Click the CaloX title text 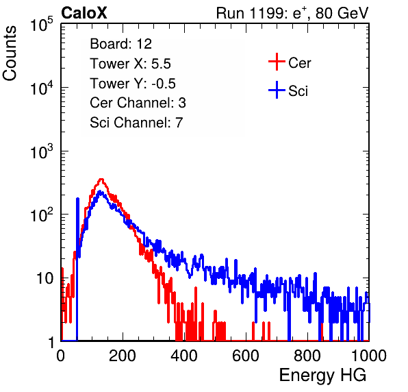coord(84,13)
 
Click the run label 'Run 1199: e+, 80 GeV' coord(292,13)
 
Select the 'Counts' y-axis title coord(10,53)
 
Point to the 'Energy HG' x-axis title coord(322,376)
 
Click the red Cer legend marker coord(277,62)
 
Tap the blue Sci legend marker coord(277,90)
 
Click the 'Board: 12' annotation coord(120,44)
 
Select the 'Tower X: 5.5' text coord(130,64)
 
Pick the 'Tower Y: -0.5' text coord(133,84)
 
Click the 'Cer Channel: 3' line coord(138,103)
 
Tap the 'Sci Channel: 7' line coord(136,123)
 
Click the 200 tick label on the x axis coord(123,356)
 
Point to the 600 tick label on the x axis coord(246,356)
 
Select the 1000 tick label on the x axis coord(369,356)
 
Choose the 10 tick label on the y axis coord(45,278)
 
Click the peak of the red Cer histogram coord(101,179)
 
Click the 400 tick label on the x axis coord(184,356)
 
